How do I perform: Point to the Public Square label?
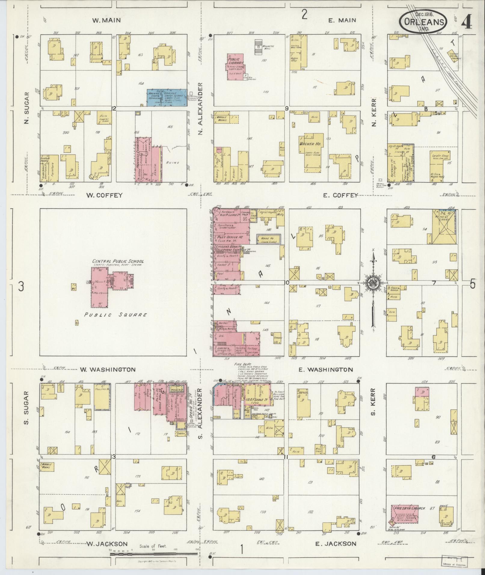(x=115, y=315)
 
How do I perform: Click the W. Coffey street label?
(x=104, y=195)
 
